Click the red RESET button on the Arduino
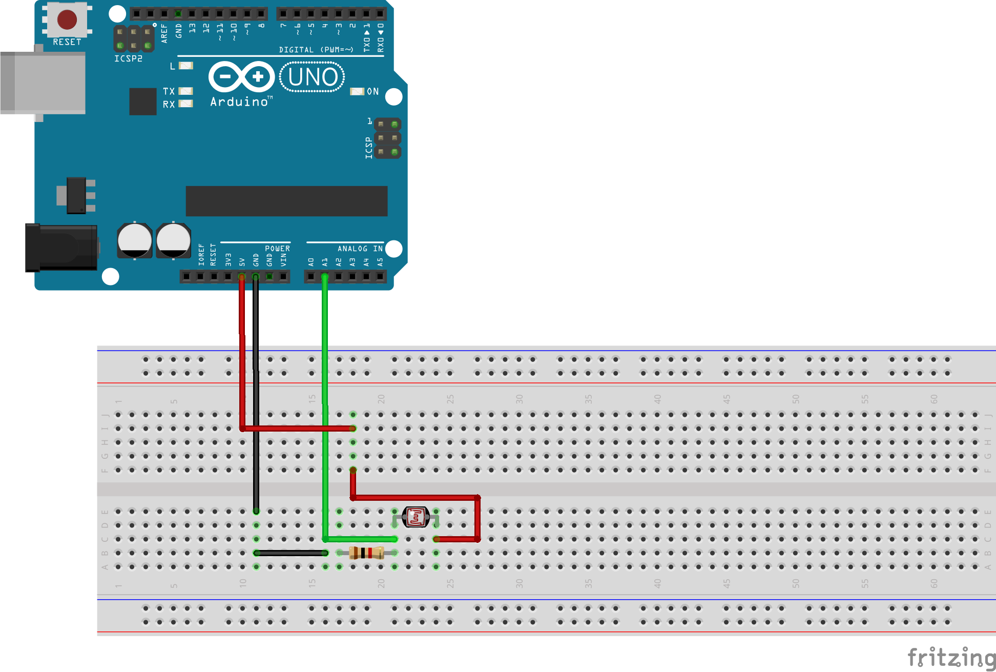67,19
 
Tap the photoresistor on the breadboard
416,517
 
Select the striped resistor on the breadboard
366,553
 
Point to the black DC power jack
61,248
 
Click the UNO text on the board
313,77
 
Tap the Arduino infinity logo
241,77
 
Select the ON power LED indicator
357,92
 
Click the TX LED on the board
185,91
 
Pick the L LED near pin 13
186,66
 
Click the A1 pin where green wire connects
324,277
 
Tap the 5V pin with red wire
242,277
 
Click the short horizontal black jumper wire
291,553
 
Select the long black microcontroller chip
286,201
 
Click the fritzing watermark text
951,657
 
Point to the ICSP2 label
128,59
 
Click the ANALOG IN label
360,249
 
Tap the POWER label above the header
277,249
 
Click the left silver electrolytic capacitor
135,240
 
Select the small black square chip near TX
143,101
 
